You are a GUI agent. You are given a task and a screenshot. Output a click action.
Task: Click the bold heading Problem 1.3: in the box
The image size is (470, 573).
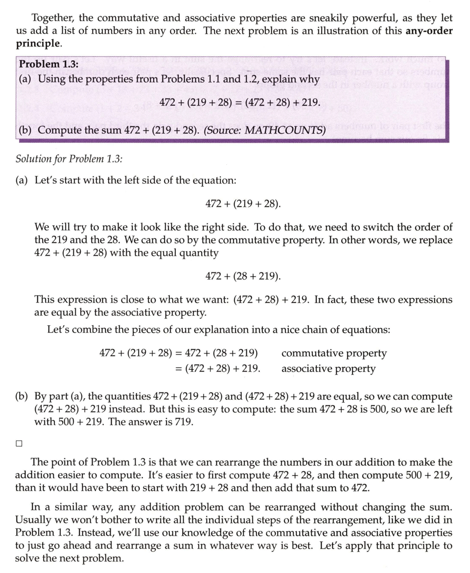(48, 64)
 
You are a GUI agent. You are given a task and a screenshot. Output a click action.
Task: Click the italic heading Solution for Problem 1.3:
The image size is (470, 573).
(69, 159)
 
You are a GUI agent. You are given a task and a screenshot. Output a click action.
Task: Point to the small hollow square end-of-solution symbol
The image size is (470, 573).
(19, 443)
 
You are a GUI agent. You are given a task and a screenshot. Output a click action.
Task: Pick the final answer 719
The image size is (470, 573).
(184, 421)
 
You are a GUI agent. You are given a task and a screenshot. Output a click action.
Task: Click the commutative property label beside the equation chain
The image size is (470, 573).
(334, 353)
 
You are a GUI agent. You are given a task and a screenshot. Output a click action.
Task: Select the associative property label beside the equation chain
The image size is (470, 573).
(328, 368)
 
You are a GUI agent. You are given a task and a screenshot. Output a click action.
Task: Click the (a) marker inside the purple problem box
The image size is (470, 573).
(25, 79)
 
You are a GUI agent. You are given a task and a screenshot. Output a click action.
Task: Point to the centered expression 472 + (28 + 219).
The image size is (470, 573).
(243, 276)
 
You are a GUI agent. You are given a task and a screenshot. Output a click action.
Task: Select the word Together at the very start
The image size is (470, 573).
(52, 18)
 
